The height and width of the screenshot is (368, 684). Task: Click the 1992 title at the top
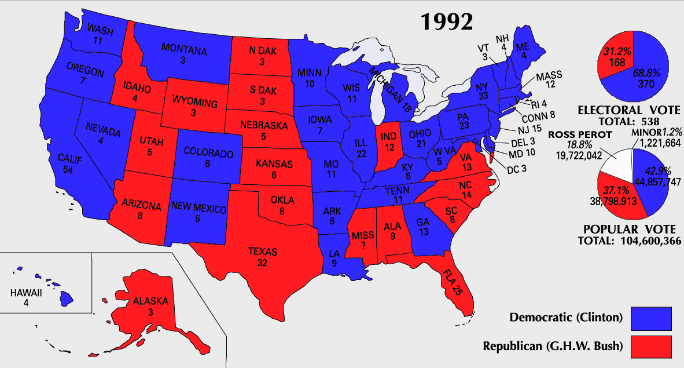[x=446, y=21]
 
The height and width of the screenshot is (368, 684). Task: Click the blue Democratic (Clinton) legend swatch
[x=652, y=318]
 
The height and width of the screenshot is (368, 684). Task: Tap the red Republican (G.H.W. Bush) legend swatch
[x=652, y=347]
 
